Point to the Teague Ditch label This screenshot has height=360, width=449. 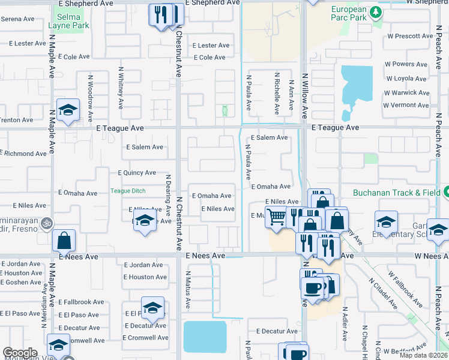[128, 191]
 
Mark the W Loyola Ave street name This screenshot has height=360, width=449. [406, 79]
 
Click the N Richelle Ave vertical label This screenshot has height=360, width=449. [277, 93]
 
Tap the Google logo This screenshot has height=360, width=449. [20, 353]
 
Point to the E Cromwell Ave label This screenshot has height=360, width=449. [145, 338]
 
